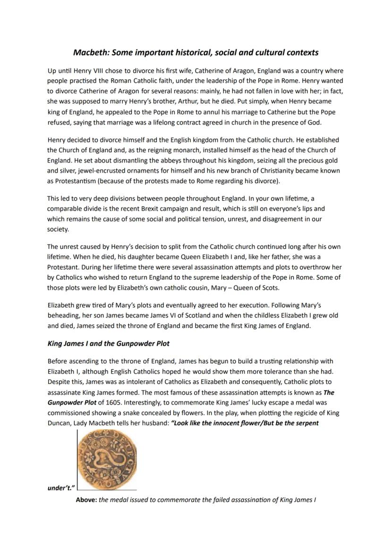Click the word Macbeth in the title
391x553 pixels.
pyautogui.click(x=90, y=52)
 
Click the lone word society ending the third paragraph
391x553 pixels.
pyautogui.click(x=58, y=229)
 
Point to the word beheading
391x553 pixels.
pyautogui.click(x=63, y=315)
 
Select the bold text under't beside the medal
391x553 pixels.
pyautogui.click(x=60, y=488)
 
